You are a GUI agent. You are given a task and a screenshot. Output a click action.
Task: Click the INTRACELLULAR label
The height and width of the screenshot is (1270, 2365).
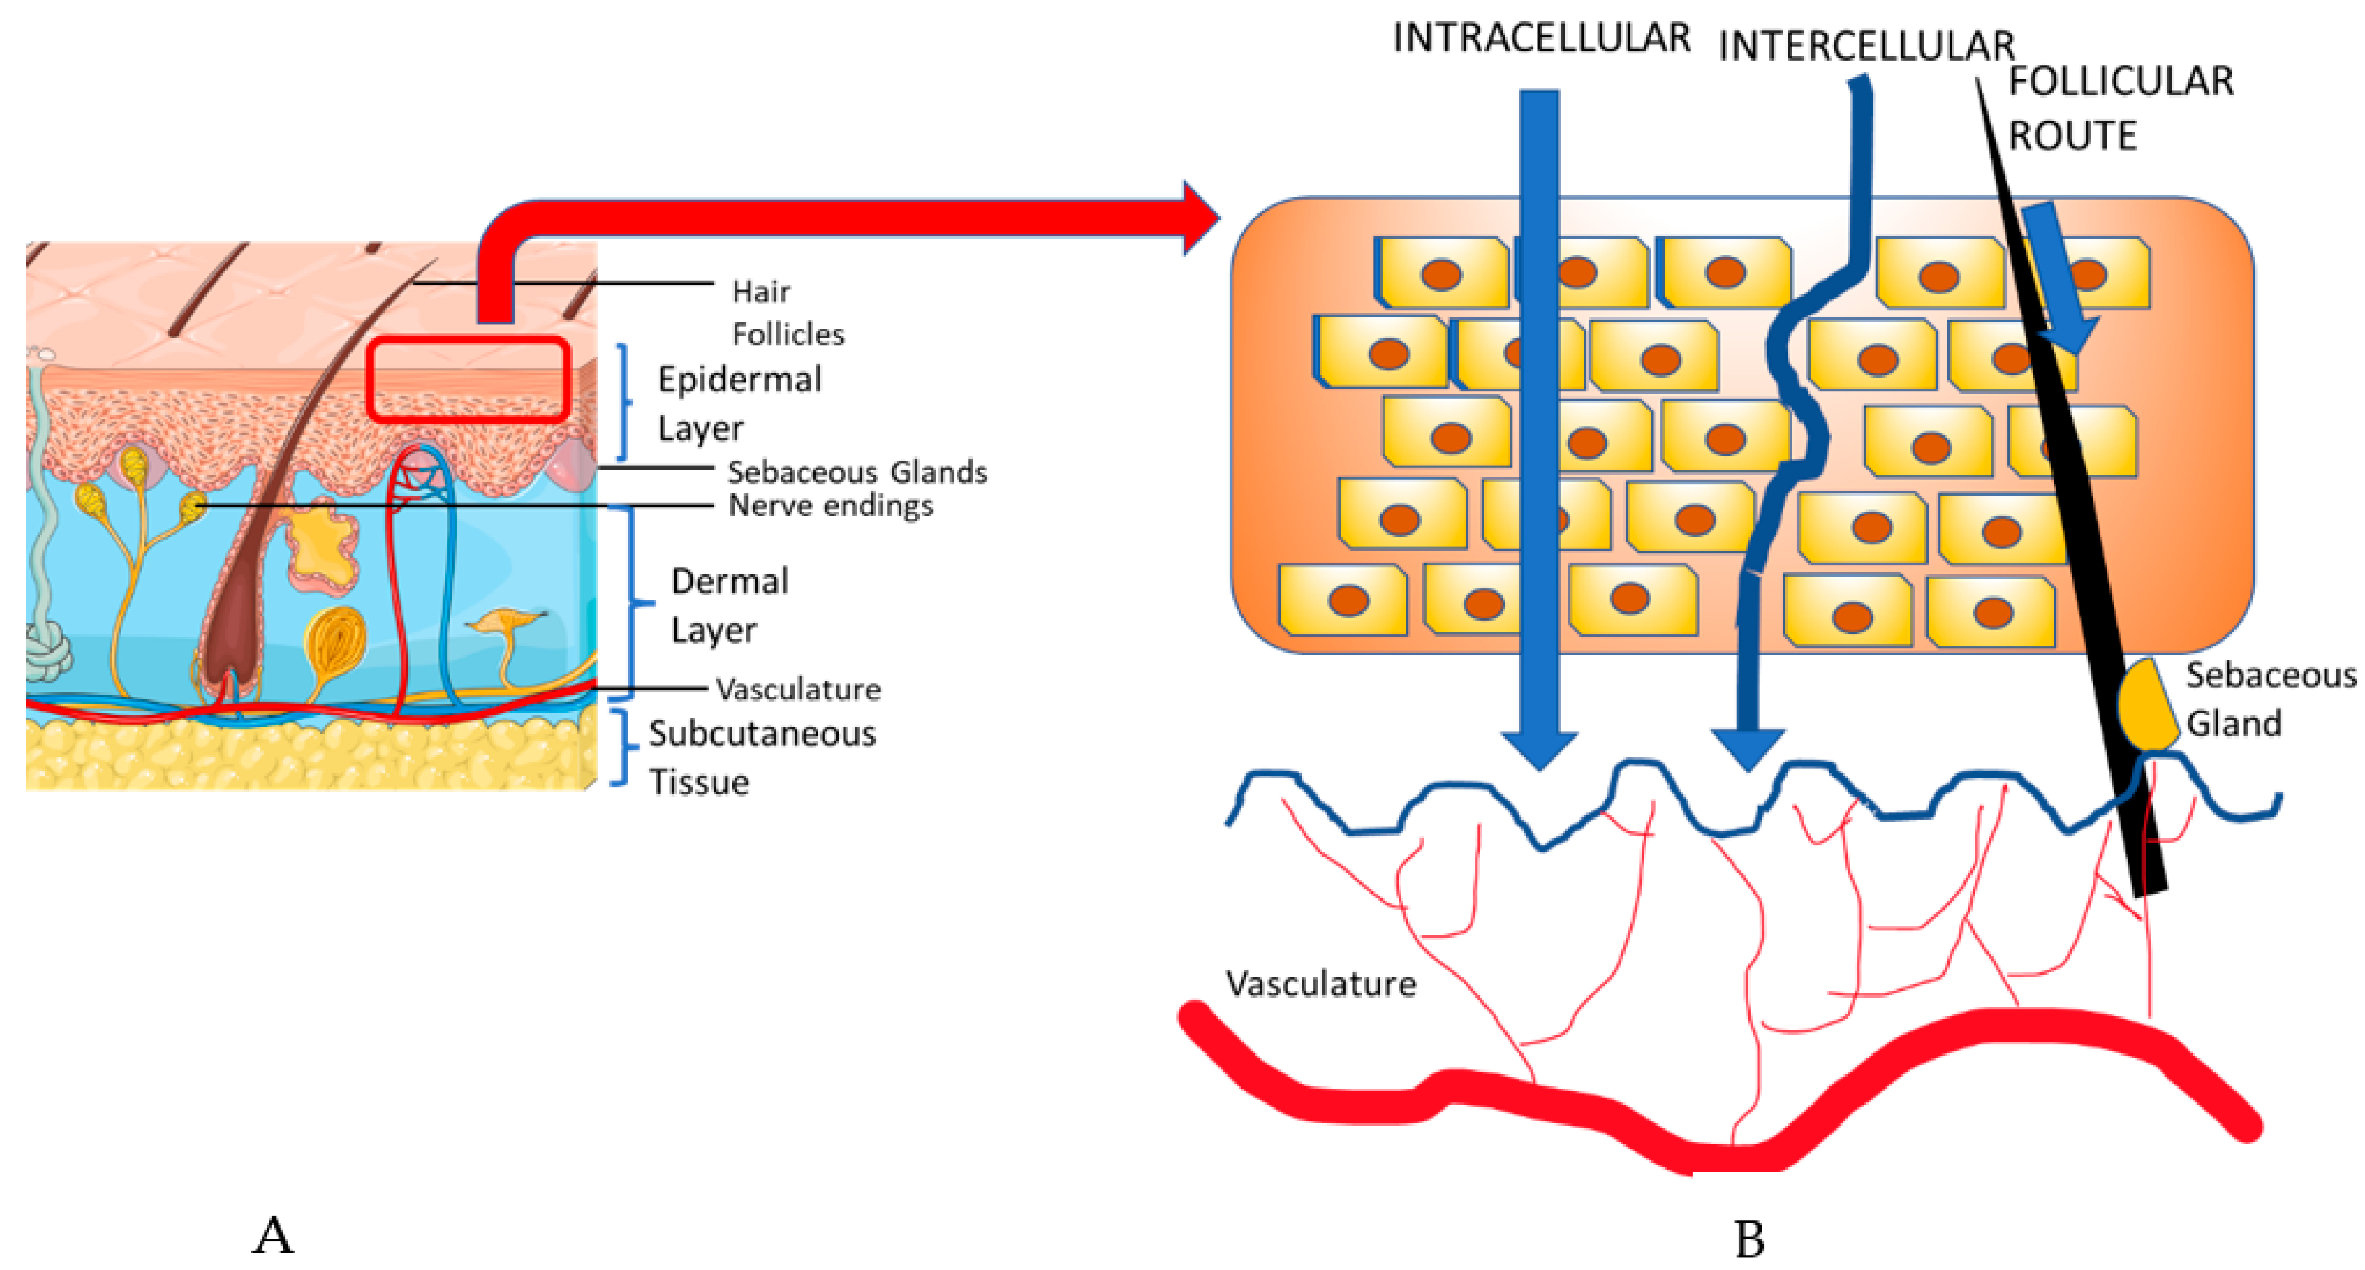1541,39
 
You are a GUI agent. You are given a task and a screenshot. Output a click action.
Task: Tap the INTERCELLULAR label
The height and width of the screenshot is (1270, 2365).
1866,46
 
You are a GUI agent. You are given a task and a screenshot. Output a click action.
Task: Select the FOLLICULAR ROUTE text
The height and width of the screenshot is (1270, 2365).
2119,109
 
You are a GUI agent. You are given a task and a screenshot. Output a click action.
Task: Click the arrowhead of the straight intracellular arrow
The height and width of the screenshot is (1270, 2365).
1540,749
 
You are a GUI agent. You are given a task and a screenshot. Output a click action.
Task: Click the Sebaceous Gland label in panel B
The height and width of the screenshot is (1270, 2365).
2267,699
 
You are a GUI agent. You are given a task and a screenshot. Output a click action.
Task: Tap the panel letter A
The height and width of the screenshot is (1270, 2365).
273,1236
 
